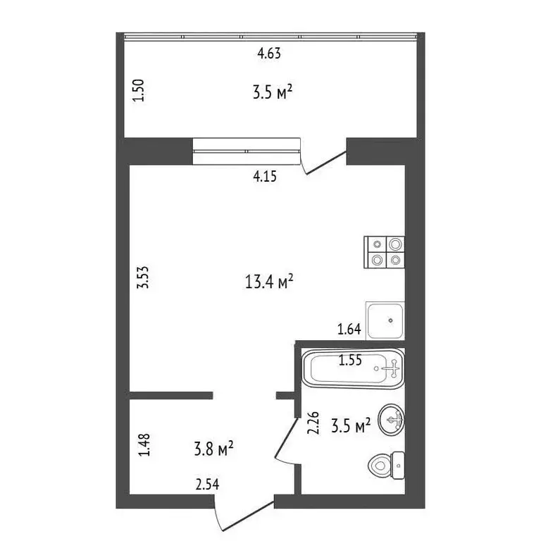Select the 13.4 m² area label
pyautogui.click(x=268, y=282)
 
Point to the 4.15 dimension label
pyautogui.click(x=266, y=177)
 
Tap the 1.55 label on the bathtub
pyautogui.click(x=350, y=361)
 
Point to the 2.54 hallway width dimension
pyautogui.click(x=207, y=484)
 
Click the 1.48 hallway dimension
pyautogui.click(x=144, y=445)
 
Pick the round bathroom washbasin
pyautogui.click(x=391, y=421)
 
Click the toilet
pyautogui.click(x=386, y=464)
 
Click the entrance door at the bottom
pyautogui.click(x=243, y=515)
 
